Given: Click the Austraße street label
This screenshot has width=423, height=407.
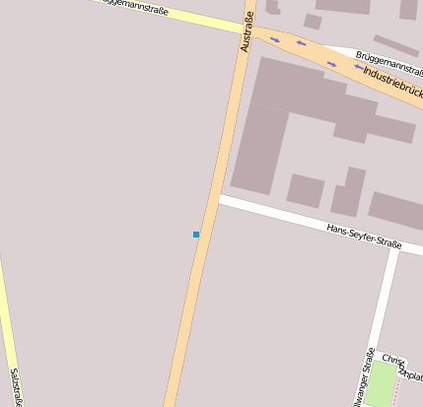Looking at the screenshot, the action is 247,32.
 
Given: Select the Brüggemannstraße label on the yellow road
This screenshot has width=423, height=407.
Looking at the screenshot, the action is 138,8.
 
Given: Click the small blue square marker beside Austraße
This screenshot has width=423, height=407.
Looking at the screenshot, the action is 196,235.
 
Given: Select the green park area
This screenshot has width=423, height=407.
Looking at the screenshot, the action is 379,384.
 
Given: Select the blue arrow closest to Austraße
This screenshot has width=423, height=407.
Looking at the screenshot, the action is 274,40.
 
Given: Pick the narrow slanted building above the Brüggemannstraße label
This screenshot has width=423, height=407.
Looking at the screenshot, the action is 395,45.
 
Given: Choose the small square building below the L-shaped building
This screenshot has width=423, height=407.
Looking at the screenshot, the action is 305,190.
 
